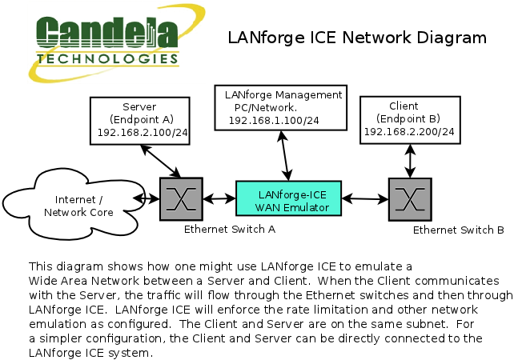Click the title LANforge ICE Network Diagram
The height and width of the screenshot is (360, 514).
357,38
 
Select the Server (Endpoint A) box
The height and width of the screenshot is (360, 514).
141,120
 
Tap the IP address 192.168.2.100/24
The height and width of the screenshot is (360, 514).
141,133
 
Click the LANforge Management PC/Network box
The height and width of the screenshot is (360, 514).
278,106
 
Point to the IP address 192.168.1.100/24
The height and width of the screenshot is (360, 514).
274,120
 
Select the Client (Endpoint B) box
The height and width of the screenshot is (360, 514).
409,119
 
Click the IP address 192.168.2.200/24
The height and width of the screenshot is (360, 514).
409,131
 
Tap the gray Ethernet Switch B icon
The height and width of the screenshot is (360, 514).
410,199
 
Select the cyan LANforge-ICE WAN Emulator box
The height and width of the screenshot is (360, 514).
288,198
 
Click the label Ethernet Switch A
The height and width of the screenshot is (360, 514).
231,229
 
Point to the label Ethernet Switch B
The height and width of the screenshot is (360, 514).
458,230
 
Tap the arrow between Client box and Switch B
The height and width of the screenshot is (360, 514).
411,162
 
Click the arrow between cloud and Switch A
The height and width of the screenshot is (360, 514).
147,198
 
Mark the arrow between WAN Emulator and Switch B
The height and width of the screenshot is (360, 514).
365,198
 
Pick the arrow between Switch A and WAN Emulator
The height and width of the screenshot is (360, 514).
219,198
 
